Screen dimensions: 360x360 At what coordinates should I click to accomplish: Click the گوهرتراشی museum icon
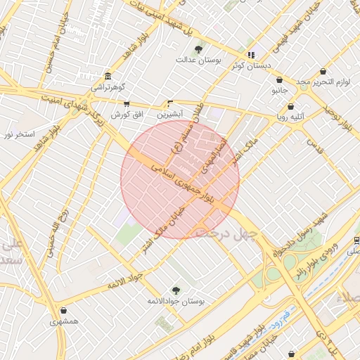(x=107, y=76)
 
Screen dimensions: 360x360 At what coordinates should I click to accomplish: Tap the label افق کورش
(x=127, y=114)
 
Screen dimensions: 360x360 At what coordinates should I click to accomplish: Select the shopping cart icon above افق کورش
(x=127, y=103)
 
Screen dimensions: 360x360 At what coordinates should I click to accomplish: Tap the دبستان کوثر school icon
(x=251, y=55)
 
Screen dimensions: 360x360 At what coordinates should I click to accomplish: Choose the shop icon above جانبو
(x=280, y=80)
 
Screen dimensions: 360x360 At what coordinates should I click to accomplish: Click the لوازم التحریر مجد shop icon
(x=323, y=72)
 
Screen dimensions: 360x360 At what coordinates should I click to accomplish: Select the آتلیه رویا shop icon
(x=291, y=106)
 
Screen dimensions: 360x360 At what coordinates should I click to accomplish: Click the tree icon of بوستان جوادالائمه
(x=176, y=290)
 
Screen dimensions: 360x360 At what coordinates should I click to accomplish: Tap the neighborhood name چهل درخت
(x=226, y=232)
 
